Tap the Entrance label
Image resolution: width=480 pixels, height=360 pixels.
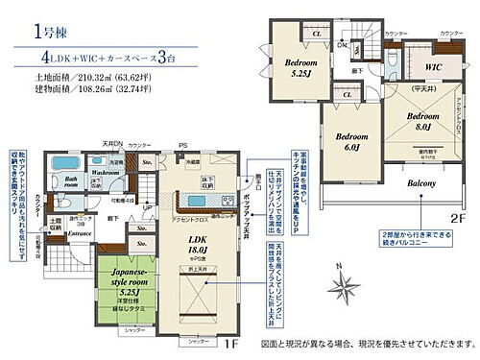click(x=80, y=233)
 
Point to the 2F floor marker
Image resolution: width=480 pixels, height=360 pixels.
click(x=457, y=220)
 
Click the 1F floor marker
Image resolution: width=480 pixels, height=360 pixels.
click(x=234, y=343)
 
